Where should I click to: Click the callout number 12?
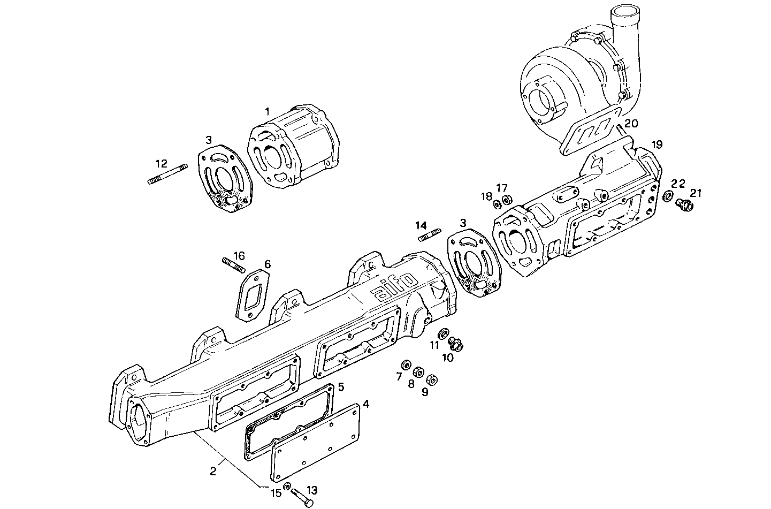[161, 163]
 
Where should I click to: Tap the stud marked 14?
[429, 234]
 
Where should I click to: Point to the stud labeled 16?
[233, 264]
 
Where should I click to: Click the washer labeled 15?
[287, 487]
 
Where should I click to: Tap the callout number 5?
[341, 386]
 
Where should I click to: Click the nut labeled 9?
[433, 379]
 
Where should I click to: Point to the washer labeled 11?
[444, 335]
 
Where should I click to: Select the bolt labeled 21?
[684, 204]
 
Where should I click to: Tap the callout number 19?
[657, 145]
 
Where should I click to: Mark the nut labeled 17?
[508, 200]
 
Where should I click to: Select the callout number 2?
[213, 471]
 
